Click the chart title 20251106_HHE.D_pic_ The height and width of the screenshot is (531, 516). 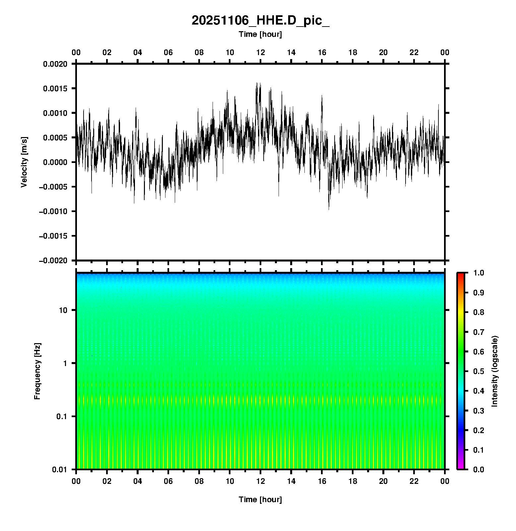point(260,21)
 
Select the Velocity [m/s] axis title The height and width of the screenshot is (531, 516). point(24,162)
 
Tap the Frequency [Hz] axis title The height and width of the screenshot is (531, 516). point(37,371)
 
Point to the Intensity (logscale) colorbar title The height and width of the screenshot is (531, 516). point(495,371)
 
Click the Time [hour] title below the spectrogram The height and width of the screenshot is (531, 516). point(260,499)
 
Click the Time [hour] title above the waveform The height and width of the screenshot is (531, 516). point(260,34)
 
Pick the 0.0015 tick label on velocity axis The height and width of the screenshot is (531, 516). point(55,88)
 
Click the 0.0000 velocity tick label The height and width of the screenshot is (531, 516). point(55,162)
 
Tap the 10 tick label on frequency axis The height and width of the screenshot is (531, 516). point(63,310)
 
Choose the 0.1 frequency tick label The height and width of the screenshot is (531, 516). point(61,417)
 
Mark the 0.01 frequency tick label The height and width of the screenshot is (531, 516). point(60,470)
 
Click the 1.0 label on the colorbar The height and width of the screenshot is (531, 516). point(479,273)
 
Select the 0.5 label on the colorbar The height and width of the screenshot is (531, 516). point(479,371)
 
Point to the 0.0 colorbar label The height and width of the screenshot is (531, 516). point(479,469)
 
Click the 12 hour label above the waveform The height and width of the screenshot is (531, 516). point(261,52)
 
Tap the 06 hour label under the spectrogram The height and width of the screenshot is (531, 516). point(168,481)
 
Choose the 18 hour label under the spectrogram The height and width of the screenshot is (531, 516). point(353,481)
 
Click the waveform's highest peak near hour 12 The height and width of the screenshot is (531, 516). point(257,83)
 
